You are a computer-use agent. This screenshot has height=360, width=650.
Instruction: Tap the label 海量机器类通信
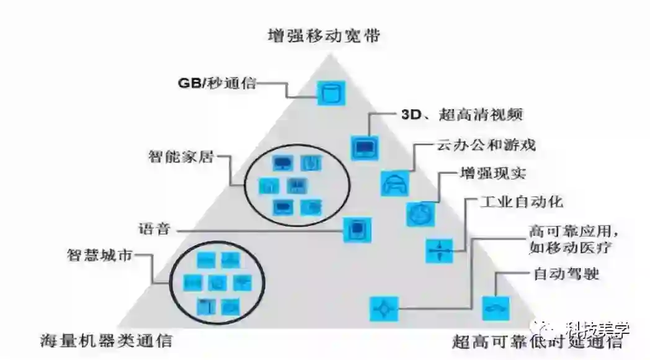pos(105,340)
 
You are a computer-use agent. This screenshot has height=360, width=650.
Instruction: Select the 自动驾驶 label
pos(566,272)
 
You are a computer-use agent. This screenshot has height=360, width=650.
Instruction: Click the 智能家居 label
pos(180,156)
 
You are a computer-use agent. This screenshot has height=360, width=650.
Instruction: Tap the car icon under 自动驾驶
pos(496,307)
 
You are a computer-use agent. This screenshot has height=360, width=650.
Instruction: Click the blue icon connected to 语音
pos(357,230)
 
